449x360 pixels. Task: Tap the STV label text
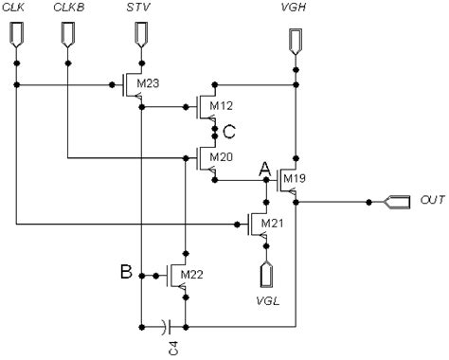(140, 9)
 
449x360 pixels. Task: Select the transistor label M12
(222, 105)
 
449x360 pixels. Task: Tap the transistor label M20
(222, 156)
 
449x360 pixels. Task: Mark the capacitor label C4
(167, 350)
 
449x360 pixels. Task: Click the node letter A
(265, 169)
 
